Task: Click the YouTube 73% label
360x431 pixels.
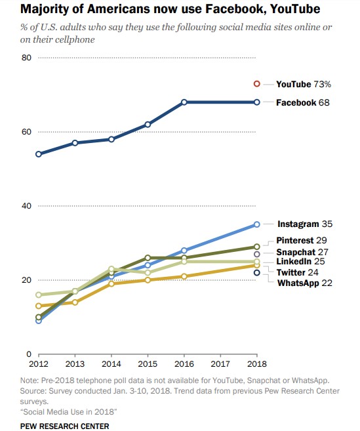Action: [x=303, y=84]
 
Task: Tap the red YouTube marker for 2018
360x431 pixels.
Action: [x=257, y=84]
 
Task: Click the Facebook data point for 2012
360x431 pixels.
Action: [x=39, y=154]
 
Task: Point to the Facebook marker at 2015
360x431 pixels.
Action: [x=148, y=125]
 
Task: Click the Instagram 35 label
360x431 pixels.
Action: [x=305, y=224]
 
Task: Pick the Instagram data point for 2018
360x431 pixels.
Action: [x=257, y=224]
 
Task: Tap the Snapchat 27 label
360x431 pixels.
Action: [x=302, y=252]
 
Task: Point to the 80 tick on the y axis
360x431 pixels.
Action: [x=27, y=58]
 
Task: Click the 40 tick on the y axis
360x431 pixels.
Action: [x=27, y=206]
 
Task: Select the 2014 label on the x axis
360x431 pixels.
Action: [x=111, y=363]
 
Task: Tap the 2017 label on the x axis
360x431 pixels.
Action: [x=220, y=363]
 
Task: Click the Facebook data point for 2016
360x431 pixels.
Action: [x=184, y=102]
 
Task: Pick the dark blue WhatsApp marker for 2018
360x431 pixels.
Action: [x=257, y=272]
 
